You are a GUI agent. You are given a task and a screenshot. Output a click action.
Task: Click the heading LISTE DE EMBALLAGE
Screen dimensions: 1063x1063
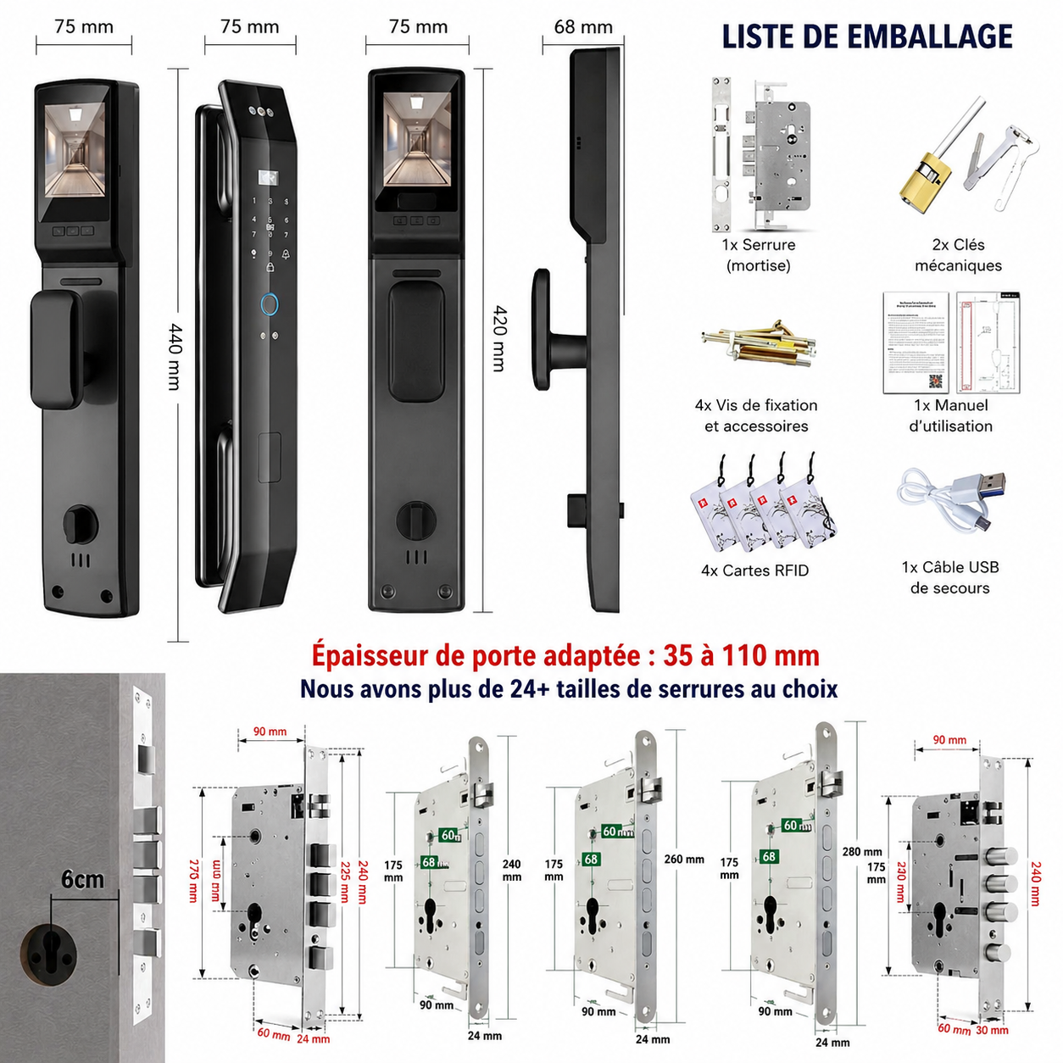866,36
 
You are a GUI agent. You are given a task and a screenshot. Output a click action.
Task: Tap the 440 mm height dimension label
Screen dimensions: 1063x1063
175,355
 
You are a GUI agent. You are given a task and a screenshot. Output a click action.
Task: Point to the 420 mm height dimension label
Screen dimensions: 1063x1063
499,338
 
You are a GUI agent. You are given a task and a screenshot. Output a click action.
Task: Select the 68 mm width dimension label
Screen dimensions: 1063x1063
583,27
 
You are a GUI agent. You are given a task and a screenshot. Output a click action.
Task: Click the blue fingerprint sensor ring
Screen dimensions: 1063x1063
270,304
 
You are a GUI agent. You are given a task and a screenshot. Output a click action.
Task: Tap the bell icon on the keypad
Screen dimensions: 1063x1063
286,253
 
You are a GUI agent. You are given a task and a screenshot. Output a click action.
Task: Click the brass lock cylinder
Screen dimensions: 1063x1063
924,181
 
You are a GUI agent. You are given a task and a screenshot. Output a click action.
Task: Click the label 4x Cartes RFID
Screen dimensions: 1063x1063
754,570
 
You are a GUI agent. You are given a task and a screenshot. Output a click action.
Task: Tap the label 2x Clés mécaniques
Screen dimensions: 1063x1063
958,255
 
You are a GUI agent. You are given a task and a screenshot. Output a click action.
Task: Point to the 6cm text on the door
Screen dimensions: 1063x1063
82,879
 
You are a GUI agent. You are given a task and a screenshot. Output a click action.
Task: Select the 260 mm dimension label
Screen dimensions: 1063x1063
683,859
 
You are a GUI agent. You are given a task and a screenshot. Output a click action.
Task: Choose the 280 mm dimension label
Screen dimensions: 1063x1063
861,851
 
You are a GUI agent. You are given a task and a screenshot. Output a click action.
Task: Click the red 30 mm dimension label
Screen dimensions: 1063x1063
992,1031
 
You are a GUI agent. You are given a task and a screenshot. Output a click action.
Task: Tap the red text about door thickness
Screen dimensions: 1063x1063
565,655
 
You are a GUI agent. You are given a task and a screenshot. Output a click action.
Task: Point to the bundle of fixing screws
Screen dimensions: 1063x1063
757,343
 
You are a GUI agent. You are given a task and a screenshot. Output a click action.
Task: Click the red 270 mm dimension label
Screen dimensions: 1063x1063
193,880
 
